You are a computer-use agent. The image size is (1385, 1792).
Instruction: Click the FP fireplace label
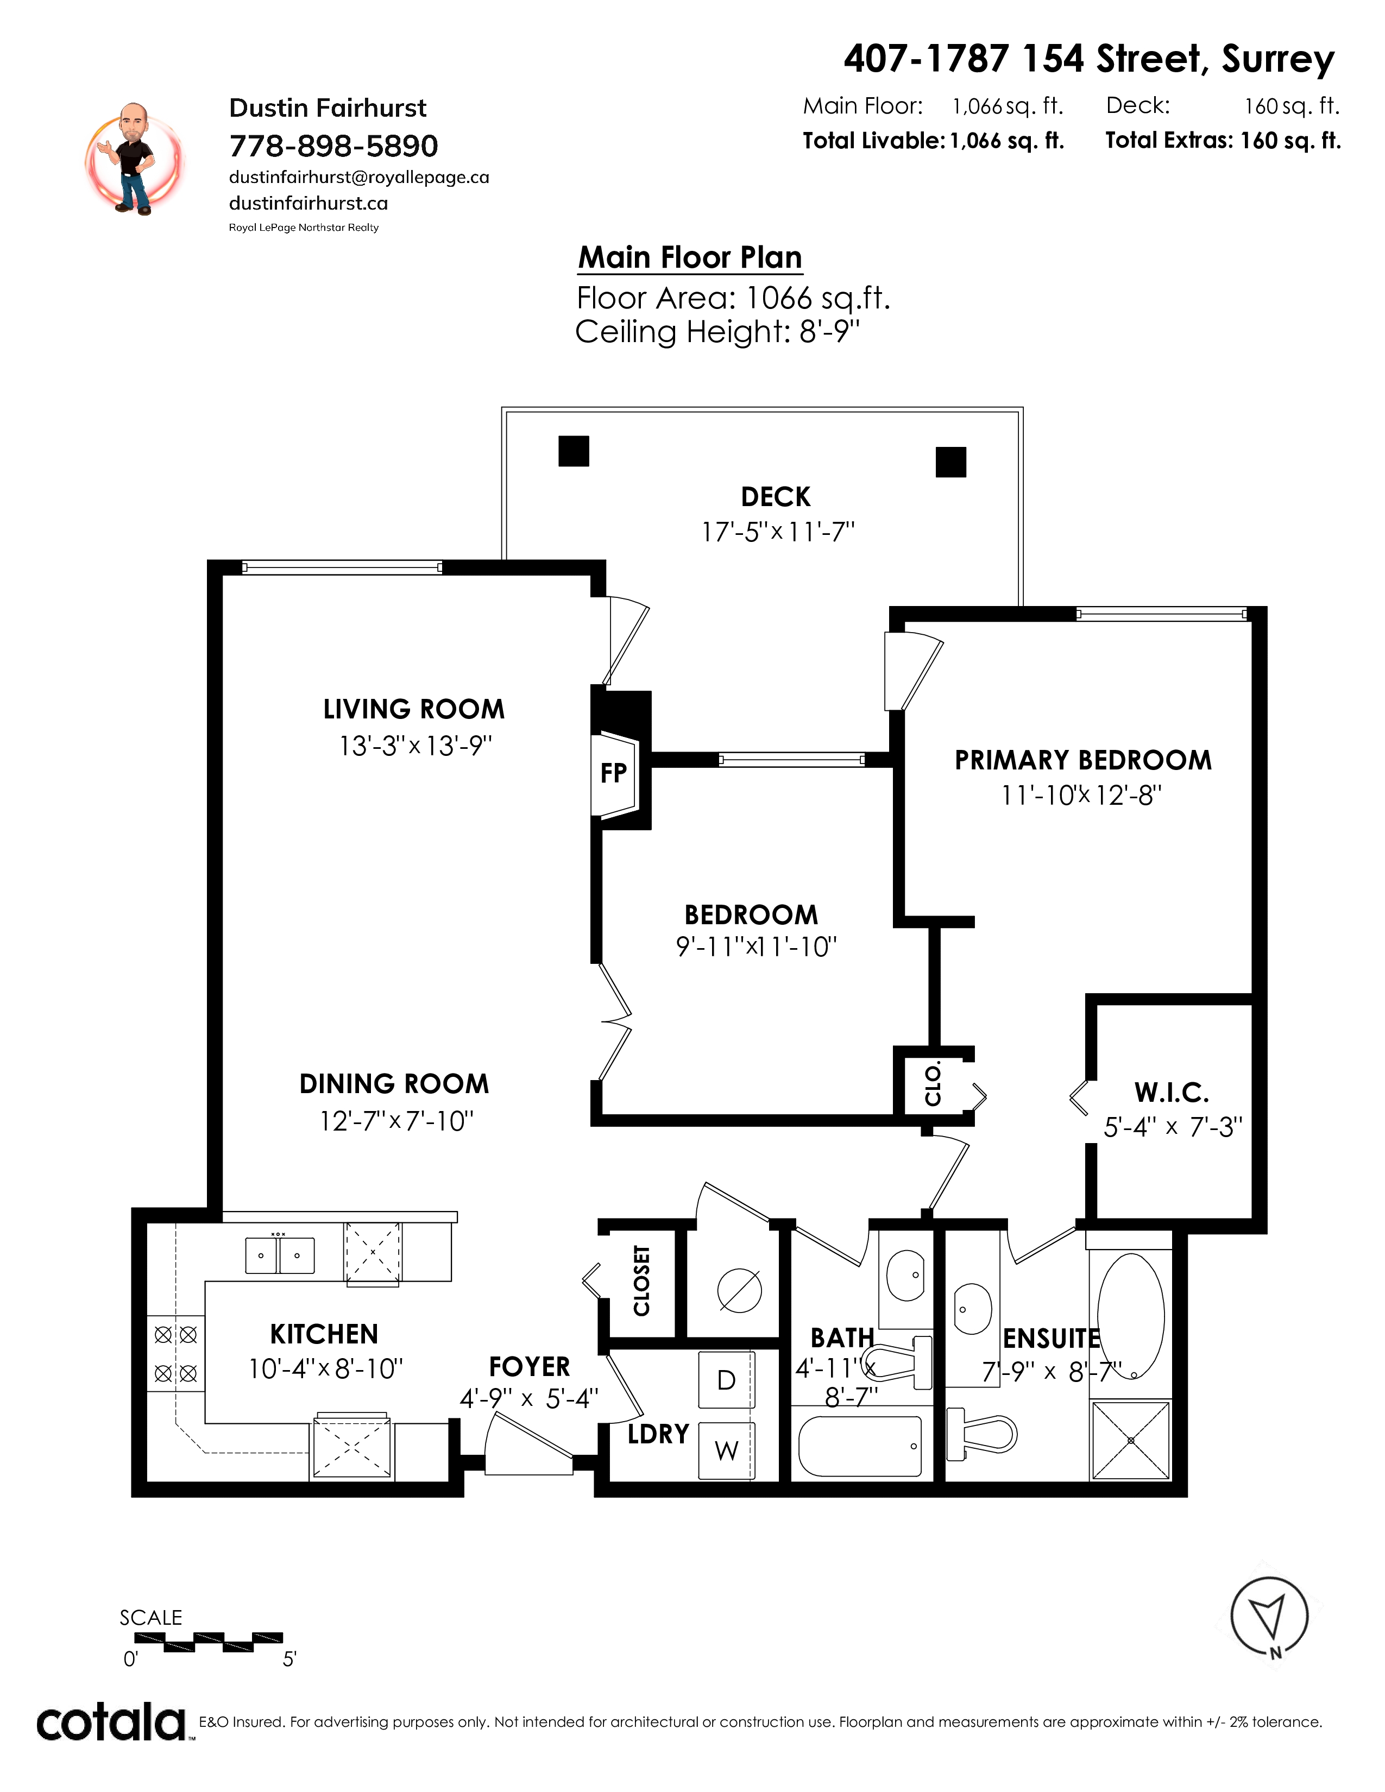click(x=614, y=773)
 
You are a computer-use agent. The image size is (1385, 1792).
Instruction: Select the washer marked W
click(x=726, y=1450)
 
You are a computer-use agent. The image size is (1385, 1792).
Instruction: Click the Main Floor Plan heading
click(x=690, y=257)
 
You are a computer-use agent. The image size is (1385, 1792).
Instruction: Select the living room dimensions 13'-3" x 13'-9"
click(x=416, y=746)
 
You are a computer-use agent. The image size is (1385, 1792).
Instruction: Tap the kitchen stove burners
click(x=175, y=1354)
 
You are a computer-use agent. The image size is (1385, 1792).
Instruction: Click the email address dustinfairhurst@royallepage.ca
click(x=358, y=177)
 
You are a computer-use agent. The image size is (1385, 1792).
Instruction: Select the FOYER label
click(x=529, y=1367)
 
